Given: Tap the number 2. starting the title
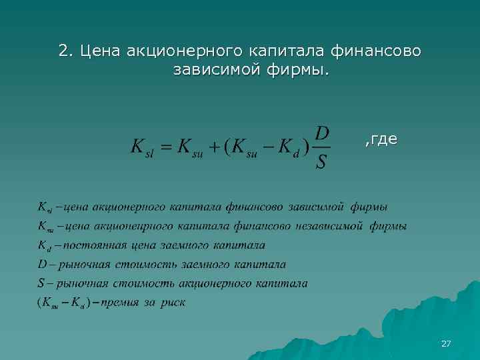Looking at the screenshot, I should pos(65,51).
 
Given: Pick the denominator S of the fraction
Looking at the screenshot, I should pos(321,162).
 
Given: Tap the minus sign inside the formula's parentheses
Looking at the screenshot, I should pos(265,147).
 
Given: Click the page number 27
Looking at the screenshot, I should pos(446,343).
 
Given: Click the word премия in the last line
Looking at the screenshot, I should pos(118,303).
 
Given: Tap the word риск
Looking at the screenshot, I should pos(171,303).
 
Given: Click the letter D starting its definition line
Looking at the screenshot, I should pos(42,264).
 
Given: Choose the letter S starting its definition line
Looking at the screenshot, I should pos(41,283).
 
